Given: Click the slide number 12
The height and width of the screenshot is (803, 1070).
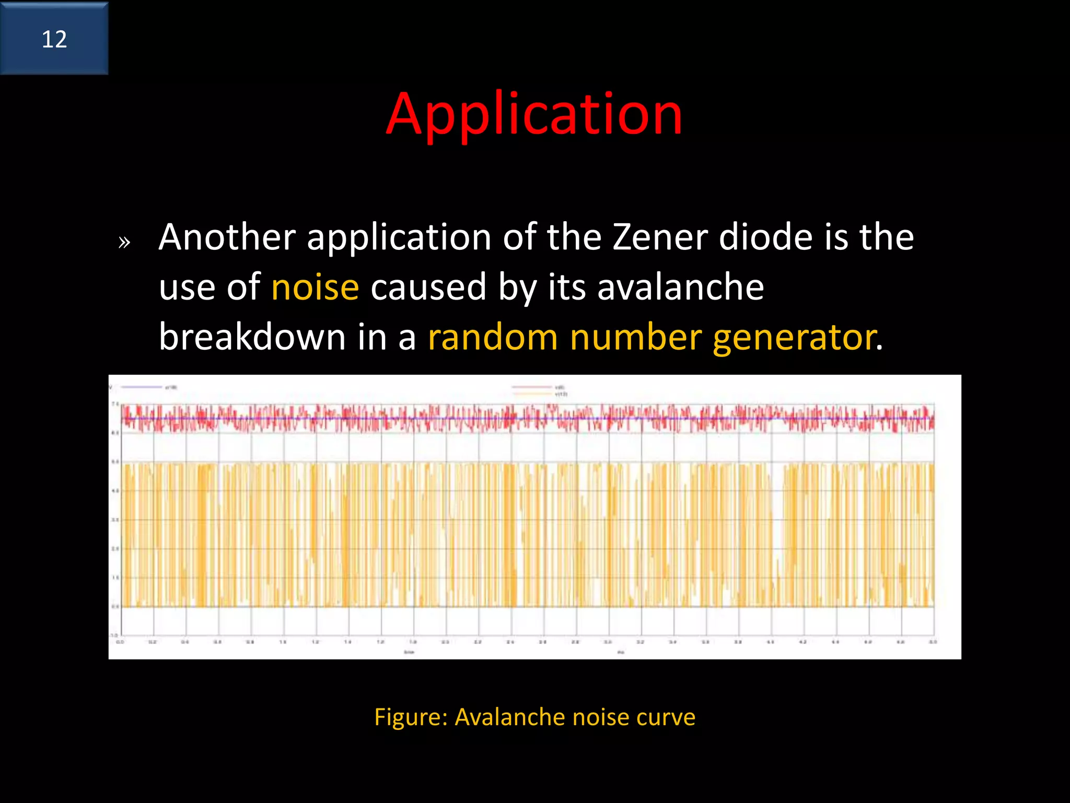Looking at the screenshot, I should coord(54,40).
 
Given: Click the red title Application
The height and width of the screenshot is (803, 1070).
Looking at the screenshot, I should coord(534,114).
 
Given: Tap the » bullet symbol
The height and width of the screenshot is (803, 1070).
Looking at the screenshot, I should coord(124,242).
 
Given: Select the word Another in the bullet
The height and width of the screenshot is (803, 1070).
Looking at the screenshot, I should coord(227,237).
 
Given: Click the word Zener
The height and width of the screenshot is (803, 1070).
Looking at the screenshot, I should coord(660,237).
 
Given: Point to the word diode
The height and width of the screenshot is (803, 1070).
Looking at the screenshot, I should coord(766,237).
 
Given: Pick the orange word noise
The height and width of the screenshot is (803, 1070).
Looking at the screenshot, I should coord(315,287).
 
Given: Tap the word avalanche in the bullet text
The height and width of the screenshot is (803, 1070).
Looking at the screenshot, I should coord(680,287).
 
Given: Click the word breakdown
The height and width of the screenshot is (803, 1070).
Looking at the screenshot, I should coord(252,337).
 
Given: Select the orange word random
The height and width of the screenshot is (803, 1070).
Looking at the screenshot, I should coord(493,337).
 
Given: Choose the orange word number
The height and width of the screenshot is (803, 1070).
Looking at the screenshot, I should coord(635,337).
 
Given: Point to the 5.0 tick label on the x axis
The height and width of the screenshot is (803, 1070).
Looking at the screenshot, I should coord(933,641).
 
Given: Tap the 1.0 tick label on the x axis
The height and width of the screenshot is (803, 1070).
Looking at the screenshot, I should coord(283,641).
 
